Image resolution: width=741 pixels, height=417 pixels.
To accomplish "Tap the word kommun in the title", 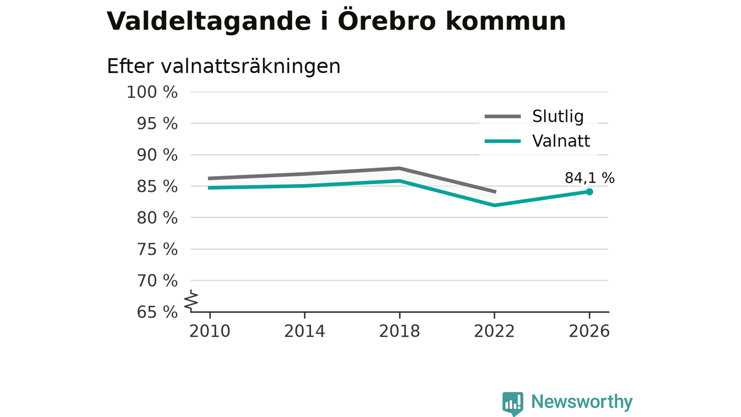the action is pyautogui.click(x=506, y=22).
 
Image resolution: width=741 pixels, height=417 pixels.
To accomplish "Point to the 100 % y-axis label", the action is pyautogui.click(x=152, y=92).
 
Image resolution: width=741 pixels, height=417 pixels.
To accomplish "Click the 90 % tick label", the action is pyautogui.click(x=157, y=155).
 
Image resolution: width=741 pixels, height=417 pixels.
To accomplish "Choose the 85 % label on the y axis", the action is pyautogui.click(x=157, y=186).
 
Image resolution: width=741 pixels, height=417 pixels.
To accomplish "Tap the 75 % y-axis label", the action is pyautogui.click(x=157, y=249).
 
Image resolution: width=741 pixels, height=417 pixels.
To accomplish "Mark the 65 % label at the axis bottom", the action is pyautogui.click(x=157, y=312).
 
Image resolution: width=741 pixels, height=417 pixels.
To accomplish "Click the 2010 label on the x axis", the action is pyautogui.click(x=210, y=331).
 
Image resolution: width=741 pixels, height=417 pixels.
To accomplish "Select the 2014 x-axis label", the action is pyautogui.click(x=305, y=331).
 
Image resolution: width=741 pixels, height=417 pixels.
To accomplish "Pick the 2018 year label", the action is pyautogui.click(x=399, y=331).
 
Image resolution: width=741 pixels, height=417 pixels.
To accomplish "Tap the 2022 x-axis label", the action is pyautogui.click(x=494, y=331).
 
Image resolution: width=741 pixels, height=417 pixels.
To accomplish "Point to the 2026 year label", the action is pyautogui.click(x=589, y=331).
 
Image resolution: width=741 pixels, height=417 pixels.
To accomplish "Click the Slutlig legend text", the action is pyautogui.click(x=557, y=116).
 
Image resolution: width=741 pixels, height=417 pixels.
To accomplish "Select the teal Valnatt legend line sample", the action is pyautogui.click(x=503, y=141).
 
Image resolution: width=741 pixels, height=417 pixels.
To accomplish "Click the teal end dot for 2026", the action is pyautogui.click(x=589, y=192).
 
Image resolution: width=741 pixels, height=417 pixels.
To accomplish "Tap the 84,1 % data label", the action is pyautogui.click(x=589, y=178).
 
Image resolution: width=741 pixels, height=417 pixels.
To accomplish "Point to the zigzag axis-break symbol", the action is pyautogui.click(x=191, y=300).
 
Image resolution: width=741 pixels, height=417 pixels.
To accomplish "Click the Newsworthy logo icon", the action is pyautogui.click(x=513, y=404).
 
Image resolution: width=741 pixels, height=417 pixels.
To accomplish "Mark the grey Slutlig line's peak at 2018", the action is pyautogui.click(x=399, y=169).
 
